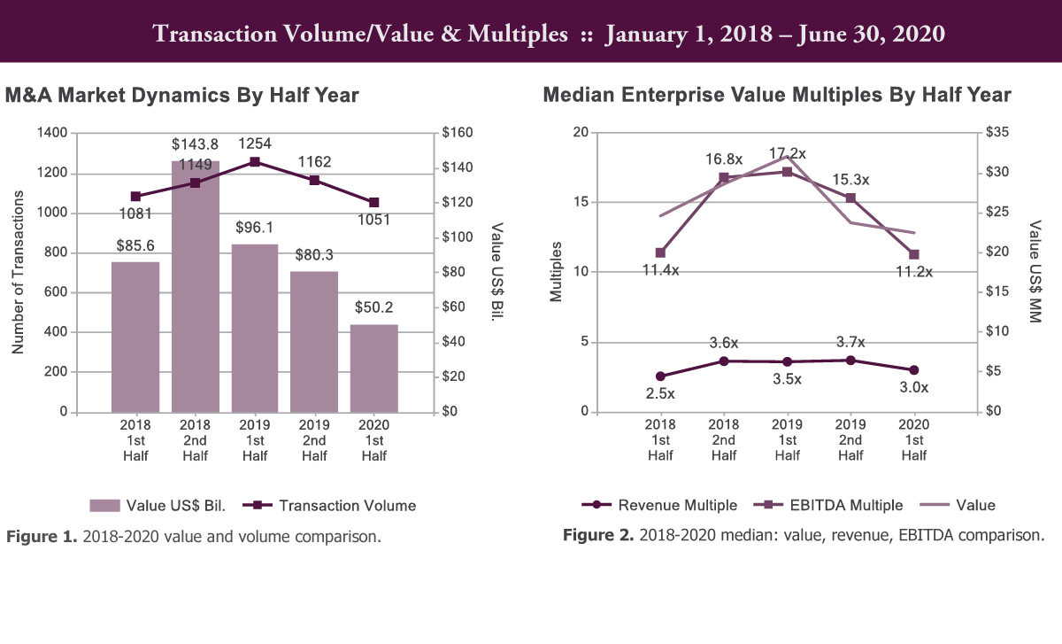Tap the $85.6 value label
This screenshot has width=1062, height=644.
coord(135,244)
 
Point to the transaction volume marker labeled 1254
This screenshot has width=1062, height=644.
coord(255,161)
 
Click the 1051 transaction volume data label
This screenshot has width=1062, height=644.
coord(374,221)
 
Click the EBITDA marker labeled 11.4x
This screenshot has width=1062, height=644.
coord(659,253)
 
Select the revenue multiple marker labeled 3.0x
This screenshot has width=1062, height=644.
coord(914,369)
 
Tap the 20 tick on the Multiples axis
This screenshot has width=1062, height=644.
coord(581,132)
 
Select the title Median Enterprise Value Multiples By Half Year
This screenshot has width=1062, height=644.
coord(776,95)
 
